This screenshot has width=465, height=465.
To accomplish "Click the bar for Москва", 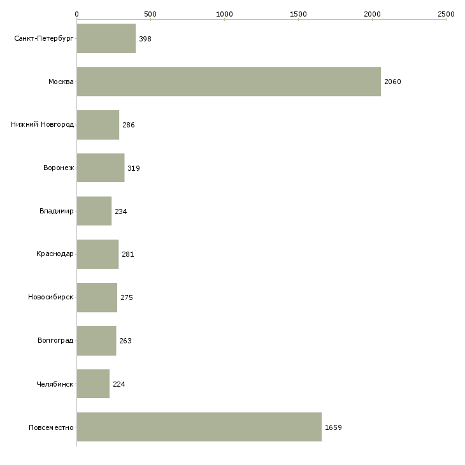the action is pos(229,82).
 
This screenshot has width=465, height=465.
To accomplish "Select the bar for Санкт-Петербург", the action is pos(106,38).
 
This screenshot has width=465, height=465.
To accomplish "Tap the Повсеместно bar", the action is pos(199,427).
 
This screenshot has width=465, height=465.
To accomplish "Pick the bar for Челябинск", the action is pos(93,383).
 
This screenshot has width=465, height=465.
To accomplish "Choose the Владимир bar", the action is pos(94,211).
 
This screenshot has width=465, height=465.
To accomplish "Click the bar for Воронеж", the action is pos(101,168).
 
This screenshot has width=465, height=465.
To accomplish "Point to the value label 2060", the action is pos(392,82).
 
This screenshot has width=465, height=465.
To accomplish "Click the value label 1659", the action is pos(333,427).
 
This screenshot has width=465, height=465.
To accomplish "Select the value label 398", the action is pos(145,39).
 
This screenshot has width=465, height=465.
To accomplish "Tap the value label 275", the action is pos(127,297).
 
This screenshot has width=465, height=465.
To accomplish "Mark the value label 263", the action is pos(125,341).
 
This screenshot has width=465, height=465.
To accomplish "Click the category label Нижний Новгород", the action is pos(43,124).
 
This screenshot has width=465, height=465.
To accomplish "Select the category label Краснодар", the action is pos(55,254).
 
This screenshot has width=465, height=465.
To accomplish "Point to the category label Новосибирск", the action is pos(51,297).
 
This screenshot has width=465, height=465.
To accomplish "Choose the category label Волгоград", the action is pos(55,340).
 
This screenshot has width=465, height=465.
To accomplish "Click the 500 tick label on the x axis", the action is pos(150,14).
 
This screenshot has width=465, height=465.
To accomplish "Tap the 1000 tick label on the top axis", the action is pos(224,14).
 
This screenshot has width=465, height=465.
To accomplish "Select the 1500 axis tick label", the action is pos(298,14).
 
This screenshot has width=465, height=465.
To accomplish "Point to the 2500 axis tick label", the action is pos(446,14).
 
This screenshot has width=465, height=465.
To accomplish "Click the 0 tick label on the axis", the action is pos(77,14).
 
